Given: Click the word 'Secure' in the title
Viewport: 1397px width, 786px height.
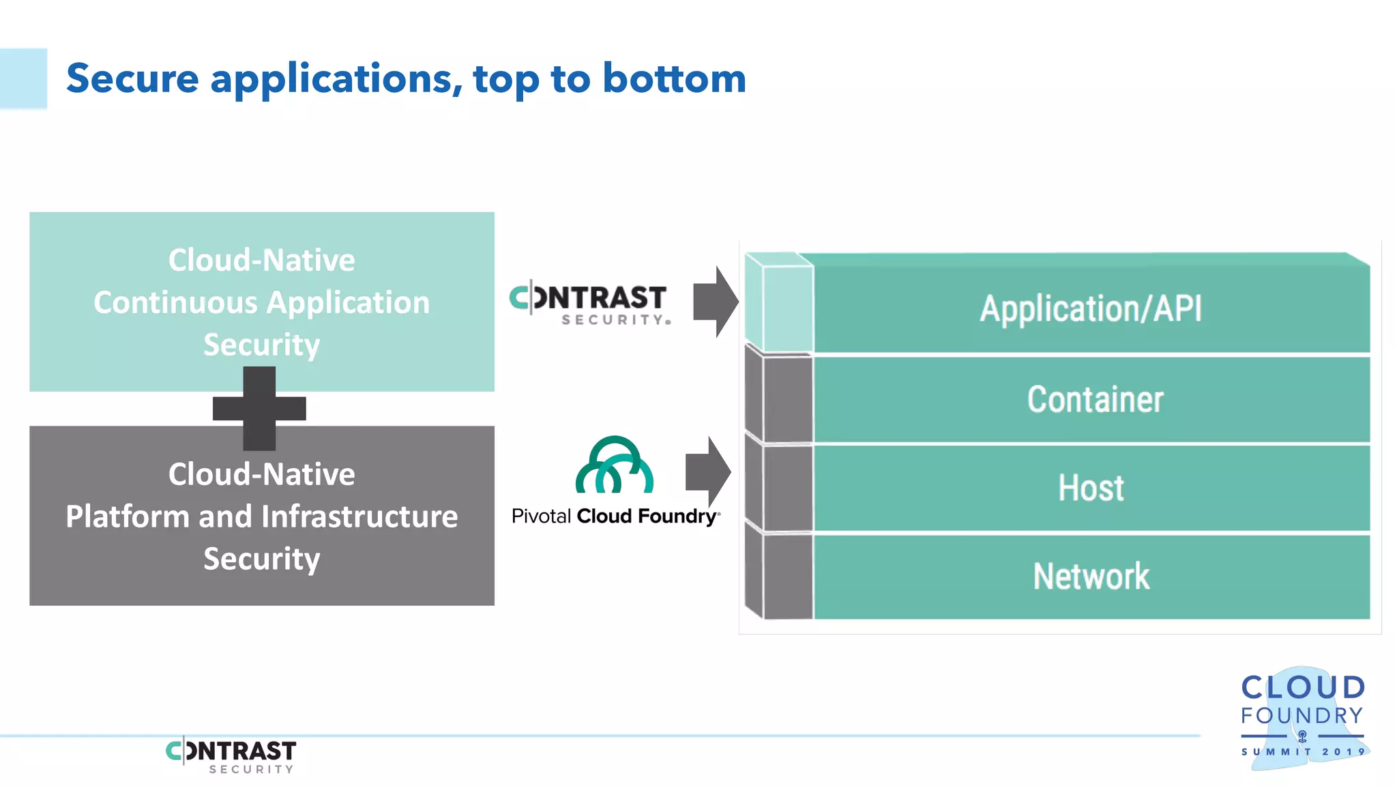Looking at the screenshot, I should tap(132, 78).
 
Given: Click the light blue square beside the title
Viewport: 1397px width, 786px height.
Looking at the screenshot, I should tap(23, 78).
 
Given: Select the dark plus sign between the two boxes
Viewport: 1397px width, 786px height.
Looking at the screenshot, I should tap(259, 408).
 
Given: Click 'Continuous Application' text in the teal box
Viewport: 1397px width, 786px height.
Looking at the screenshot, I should tap(261, 302).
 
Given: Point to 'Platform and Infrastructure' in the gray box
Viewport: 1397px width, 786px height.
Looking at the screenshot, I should tap(261, 516).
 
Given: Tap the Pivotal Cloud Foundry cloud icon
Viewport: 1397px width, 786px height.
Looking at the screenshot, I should tap(615, 465).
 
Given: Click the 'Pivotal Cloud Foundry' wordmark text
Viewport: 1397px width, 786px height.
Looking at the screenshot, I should tap(615, 516).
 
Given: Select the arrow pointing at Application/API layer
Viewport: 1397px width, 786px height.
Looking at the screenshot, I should tap(715, 302).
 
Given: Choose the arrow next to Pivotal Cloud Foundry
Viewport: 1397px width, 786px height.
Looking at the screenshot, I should tap(708, 471).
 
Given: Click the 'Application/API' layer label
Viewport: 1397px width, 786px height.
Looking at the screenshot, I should tap(1090, 308).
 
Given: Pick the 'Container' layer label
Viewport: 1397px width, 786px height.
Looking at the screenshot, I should tap(1095, 399).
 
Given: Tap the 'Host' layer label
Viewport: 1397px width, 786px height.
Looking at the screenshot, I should tap(1091, 488).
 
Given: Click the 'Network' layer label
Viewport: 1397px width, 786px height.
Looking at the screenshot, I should tap(1091, 577).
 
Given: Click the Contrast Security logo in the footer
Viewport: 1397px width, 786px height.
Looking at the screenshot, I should tap(231, 756).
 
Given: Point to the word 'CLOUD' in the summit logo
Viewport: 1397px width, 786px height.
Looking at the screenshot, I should tap(1302, 688).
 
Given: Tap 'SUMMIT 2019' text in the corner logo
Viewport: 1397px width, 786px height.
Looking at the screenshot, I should tap(1302, 752).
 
